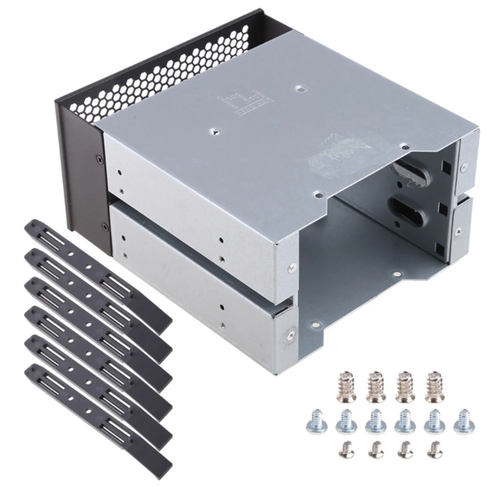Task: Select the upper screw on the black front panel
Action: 98,159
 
